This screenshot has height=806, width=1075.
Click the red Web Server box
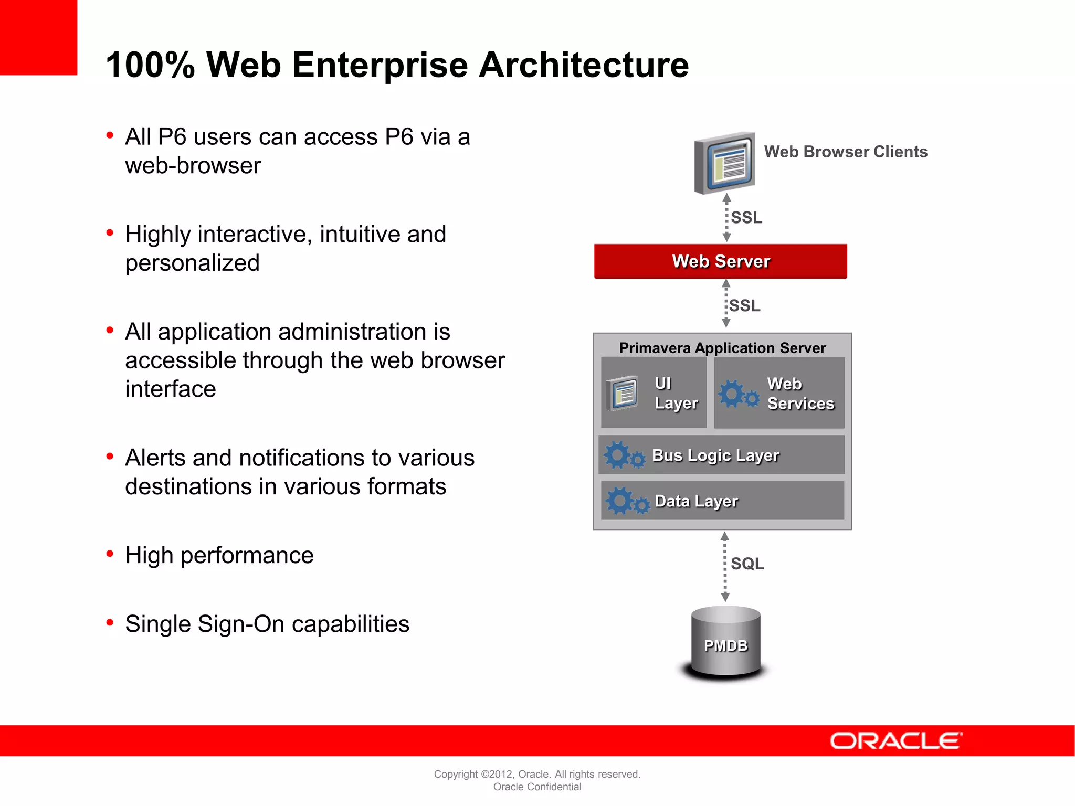(x=720, y=261)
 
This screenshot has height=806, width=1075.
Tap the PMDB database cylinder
(x=725, y=643)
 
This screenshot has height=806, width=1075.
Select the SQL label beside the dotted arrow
(x=747, y=564)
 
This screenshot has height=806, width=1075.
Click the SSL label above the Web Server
(x=746, y=217)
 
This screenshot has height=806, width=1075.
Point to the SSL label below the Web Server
(x=744, y=305)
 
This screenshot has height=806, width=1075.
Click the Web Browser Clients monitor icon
(x=725, y=163)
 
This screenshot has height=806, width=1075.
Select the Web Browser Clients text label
(x=845, y=152)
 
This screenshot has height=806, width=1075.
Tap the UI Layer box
(x=654, y=393)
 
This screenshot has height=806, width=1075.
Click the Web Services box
(x=779, y=393)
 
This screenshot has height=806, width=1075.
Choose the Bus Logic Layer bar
(x=722, y=455)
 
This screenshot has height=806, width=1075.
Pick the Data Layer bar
(x=722, y=501)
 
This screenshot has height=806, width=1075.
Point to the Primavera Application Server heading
(x=722, y=347)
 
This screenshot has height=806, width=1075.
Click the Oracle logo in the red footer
(x=895, y=741)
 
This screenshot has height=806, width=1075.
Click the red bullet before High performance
(x=110, y=554)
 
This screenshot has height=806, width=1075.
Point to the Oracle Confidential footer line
(x=537, y=787)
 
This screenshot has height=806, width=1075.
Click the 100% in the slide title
(x=150, y=65)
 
